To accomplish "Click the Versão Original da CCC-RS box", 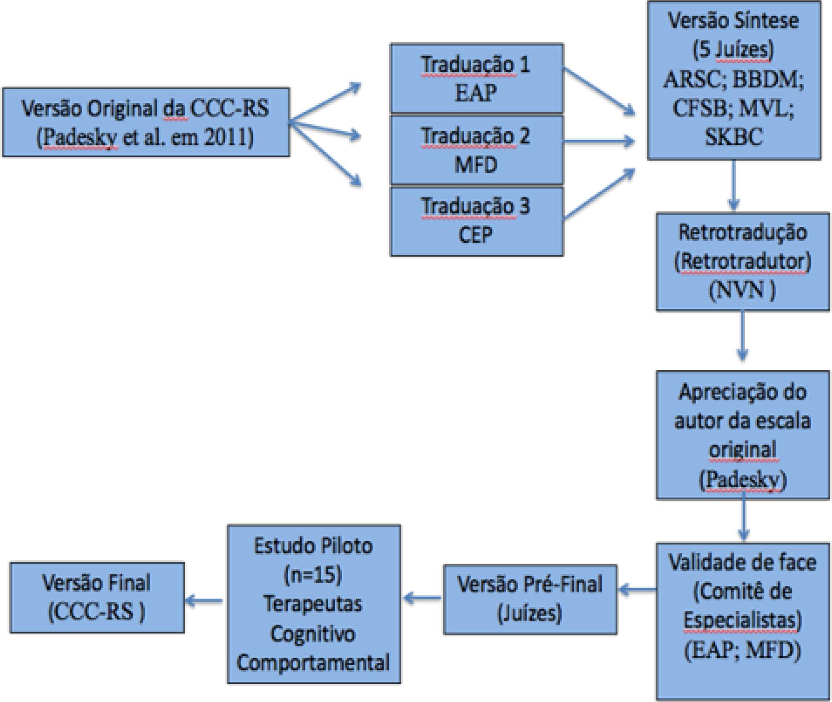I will click(146, 122).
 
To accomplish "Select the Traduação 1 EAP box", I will click(476, 78).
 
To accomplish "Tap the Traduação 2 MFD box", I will click(476, 150).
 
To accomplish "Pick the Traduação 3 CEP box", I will click(476, 221).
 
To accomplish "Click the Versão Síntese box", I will click(733, 80).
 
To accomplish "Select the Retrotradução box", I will click(742, 261).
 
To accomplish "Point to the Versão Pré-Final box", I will click(530, 599).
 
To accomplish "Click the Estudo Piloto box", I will click(314, 604).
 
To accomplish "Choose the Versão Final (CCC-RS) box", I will click(97, 597).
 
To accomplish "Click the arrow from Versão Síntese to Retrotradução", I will click(733, 185).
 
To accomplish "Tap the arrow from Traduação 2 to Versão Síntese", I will click(598, 141).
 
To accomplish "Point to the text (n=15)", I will click(313, 575).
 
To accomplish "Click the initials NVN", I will click(742, 290).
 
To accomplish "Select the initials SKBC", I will click(733, 137).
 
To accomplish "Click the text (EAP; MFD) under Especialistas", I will click(742, 651).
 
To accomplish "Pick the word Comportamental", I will click(313, 662).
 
